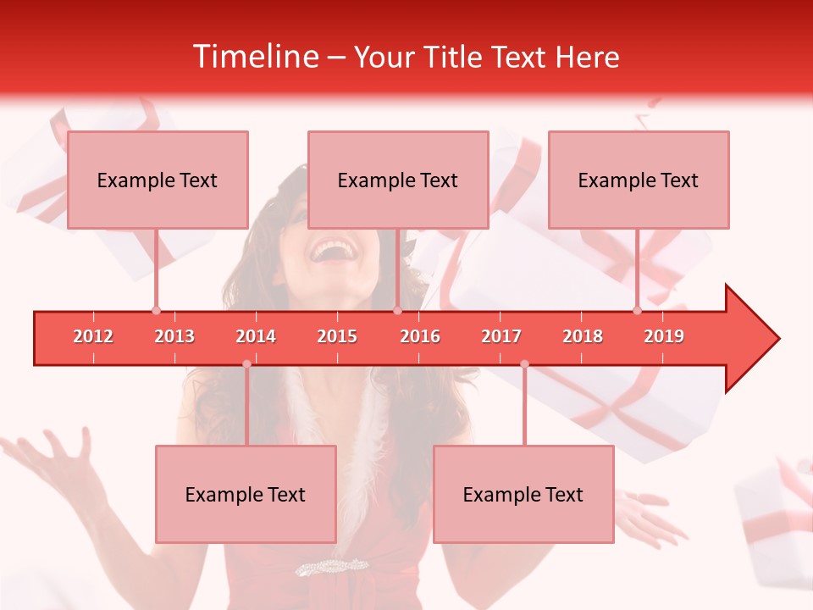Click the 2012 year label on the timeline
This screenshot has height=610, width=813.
(93, 336)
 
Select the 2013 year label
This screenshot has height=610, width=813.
(174, 336)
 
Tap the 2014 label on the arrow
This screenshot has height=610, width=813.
(256, 336)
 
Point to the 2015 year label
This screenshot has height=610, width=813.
(337, 336)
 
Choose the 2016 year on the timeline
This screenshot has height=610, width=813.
(420, 336)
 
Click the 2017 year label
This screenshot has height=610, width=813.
(501, 336)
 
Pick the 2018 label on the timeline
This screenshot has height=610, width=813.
(583, 336)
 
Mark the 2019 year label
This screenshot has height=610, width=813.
(664, 336)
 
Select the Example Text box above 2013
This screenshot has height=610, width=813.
(158, 180)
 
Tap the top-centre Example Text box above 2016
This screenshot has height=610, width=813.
(398, 180)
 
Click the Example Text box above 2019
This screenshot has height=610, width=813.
(639, 180)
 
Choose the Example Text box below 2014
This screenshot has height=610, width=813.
(246, 494)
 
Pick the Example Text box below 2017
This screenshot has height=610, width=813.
(523, 494)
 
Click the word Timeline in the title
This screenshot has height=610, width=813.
(254, 57)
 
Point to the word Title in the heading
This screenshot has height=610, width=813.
(454, 57)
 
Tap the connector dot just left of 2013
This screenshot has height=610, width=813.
(156, 310)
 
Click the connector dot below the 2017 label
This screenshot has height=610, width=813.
(524, 364)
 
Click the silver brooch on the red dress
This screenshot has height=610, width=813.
(332, 567)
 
